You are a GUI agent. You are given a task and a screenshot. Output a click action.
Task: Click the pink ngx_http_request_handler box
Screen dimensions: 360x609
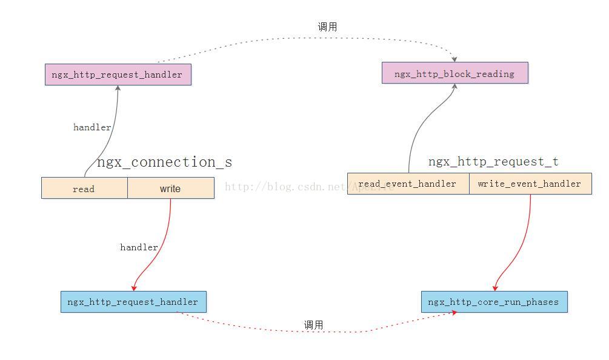118,75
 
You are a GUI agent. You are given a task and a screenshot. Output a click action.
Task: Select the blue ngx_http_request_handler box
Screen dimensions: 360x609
133,302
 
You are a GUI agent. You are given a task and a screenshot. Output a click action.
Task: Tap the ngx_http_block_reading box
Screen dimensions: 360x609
454,73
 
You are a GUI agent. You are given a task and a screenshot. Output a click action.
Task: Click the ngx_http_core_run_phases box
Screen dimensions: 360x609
494,302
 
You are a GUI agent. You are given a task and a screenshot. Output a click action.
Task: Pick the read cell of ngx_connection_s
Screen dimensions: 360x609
84,188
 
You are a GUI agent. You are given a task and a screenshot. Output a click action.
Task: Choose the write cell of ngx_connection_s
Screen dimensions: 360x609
170,188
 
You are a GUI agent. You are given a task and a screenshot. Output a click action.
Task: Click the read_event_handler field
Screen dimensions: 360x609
408,184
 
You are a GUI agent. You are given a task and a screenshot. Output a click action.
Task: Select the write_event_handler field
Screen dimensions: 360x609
530,184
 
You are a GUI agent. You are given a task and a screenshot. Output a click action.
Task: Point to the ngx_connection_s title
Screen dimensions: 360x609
164,162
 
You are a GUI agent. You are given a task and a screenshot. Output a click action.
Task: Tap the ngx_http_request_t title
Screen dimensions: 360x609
493,162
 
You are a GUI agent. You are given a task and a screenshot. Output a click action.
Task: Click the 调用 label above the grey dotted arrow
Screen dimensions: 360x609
327,27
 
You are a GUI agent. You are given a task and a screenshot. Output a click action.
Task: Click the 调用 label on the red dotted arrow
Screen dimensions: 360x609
313,325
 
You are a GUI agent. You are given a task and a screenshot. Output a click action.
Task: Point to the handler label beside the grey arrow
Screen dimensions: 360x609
92,127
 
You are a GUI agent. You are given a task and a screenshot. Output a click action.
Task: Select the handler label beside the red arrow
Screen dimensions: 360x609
139,247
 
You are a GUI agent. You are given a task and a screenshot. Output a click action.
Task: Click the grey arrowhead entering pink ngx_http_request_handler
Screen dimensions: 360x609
118,88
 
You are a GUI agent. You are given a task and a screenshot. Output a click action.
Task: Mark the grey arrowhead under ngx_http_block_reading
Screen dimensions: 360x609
454,87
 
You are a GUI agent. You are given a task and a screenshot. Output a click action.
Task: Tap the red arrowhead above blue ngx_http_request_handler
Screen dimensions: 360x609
134,288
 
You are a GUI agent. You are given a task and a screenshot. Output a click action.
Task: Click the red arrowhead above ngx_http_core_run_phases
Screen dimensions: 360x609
495,288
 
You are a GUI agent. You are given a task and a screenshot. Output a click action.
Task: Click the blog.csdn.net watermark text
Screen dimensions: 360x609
309,187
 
